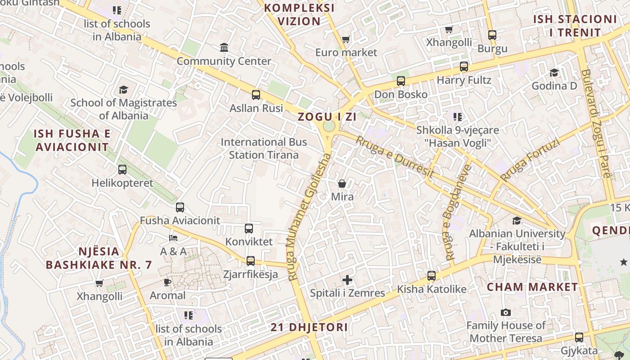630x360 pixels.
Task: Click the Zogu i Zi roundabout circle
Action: click(329, 126)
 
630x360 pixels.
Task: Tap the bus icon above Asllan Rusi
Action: click(256, 95)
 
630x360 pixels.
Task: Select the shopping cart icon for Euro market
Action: click(346, 40)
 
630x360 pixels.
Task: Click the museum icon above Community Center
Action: click(224, 47)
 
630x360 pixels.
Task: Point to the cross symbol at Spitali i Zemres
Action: click(347, 280)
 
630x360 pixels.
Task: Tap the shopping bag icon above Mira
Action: click(342, 184)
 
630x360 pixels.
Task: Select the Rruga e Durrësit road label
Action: click(395, 156)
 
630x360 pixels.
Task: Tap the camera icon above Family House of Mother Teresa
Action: click(506, 313)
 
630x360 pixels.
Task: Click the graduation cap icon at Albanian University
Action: click(517, 220)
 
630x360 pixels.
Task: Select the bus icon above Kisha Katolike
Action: click(432, 276)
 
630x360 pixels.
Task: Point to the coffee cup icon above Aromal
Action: click(167, 282)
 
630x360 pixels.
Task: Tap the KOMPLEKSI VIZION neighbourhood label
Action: click(299, 14)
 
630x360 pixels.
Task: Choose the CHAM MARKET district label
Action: click(532, 287)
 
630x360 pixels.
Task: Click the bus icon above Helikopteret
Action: click(122, 170)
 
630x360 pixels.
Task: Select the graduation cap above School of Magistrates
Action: click(124, 90)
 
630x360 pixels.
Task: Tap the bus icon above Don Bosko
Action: click(401, 81)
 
